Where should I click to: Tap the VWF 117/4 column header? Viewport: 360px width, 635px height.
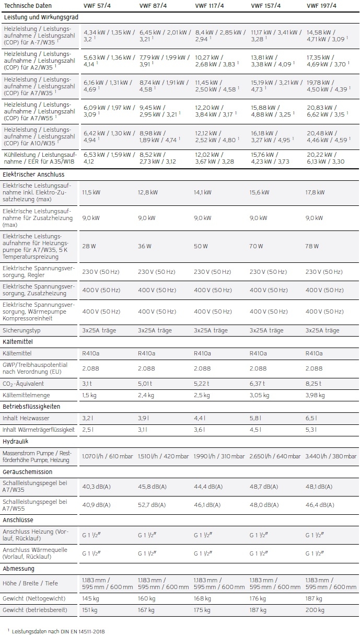(207, 6)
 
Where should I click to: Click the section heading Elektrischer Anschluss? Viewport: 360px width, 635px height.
(31, 174)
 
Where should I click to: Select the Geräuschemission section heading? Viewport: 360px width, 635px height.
(28, 472)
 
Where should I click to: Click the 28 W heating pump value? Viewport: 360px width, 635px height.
(89, 246)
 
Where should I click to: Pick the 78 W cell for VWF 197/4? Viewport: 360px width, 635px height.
(312, 246)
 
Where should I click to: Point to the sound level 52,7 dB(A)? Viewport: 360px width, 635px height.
(152, 505)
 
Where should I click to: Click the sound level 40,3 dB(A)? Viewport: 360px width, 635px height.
(96, 487)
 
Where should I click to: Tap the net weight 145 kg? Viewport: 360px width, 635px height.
(90, 598)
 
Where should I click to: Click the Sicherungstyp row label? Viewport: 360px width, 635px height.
(21, 330)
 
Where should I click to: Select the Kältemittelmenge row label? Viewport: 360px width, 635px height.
(26, 396)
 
